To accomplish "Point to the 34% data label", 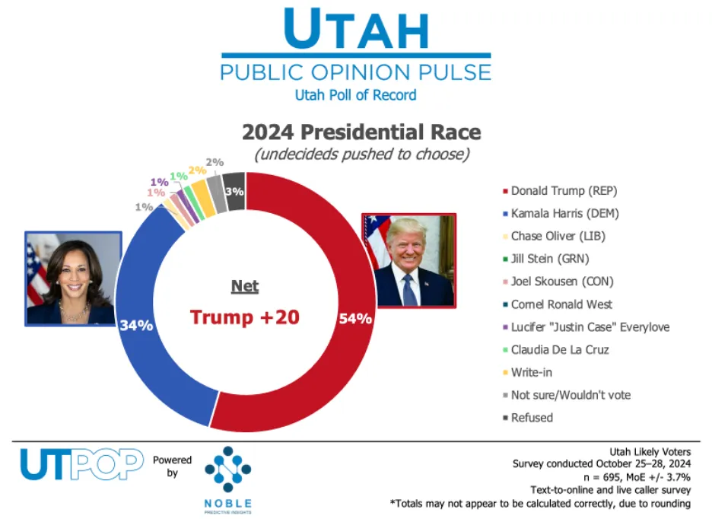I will (136, 326).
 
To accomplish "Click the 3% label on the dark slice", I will (234, 191).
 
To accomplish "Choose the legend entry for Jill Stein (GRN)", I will (542, 259).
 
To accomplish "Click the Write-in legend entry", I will (532, 372).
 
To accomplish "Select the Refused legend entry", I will (532, 418).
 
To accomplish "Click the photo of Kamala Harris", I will (73, 279).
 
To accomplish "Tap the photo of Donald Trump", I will (409, 260).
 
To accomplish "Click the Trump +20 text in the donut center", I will (244, 317).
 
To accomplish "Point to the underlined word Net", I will (245, 287).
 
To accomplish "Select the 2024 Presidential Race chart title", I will (361, 132).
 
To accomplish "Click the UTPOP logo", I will (81, 464).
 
